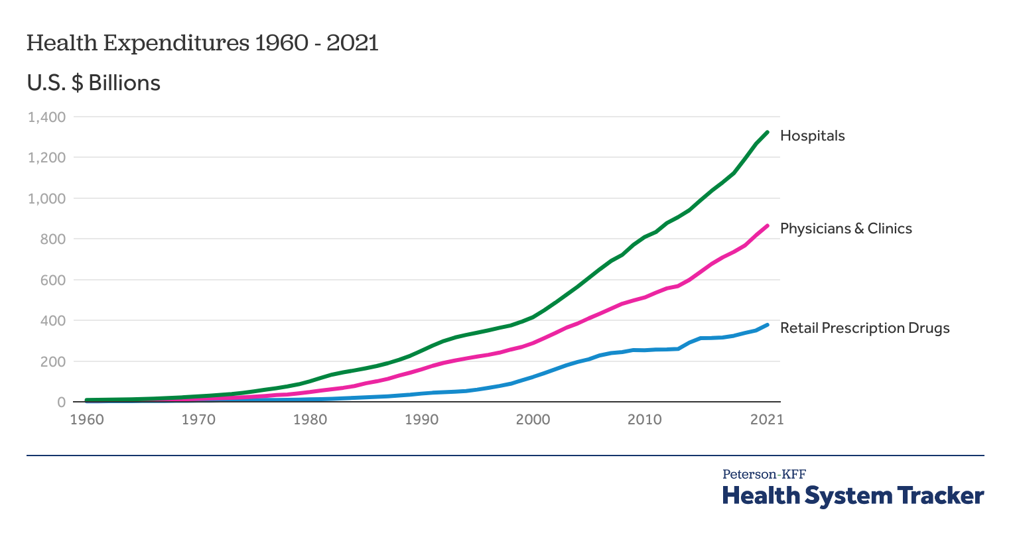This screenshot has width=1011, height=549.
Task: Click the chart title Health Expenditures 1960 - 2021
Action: tap(202, 43)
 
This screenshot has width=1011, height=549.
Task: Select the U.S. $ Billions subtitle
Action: tap(94, 83)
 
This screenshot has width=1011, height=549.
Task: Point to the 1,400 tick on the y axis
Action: tap(46, 117)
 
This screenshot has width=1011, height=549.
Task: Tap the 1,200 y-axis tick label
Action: tap(46, 158)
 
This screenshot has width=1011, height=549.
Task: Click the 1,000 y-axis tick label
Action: tap(46, 199)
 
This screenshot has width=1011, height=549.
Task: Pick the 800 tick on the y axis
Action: tap(53, 239)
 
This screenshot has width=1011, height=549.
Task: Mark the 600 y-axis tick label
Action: tap(53, 280)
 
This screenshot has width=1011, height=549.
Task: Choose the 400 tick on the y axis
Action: tap(53, 321)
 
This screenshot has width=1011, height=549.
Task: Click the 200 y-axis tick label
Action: tap(53, 362)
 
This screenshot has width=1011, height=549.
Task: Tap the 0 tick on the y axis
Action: tap(61, 402)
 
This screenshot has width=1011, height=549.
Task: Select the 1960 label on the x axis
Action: tap(87, 420)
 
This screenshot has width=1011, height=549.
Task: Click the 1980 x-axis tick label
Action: tap(310, 420)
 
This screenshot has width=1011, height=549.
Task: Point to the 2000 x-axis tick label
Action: tap(533, 420)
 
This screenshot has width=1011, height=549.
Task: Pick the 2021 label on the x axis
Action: tap(767, 420)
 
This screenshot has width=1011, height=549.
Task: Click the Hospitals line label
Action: tap(812, 136)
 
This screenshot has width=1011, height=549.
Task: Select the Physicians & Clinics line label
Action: tap(846, 229)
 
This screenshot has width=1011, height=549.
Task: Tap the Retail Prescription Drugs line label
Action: tap(864, 328)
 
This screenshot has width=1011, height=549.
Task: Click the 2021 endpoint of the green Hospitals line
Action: tap(767, 133)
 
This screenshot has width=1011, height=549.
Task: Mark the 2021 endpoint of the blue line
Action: tap(767, 325)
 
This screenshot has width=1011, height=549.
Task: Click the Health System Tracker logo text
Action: tap(852, 495)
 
